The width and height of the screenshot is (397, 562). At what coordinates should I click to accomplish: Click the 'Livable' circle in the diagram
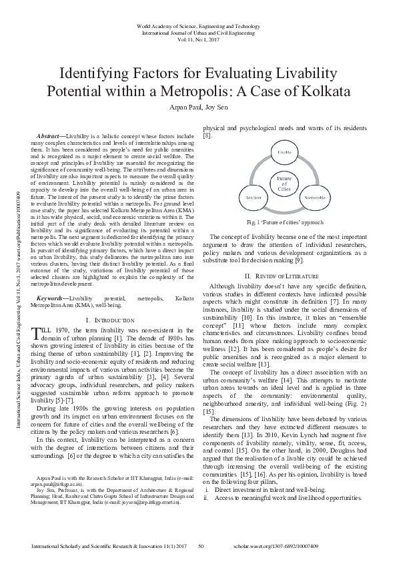285,152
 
